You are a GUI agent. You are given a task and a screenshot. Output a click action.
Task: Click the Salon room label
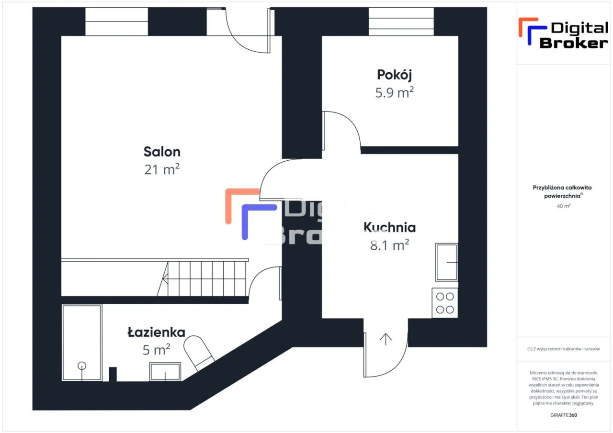click(162, 152)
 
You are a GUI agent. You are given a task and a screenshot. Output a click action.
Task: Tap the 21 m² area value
click(162, 169)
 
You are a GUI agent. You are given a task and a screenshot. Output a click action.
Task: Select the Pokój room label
click(394, 75)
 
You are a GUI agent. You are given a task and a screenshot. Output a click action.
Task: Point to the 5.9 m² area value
click(394, 92)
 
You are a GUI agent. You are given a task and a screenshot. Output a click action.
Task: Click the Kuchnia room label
click(389, 227)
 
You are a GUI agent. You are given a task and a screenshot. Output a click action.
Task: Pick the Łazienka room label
click(156, 332)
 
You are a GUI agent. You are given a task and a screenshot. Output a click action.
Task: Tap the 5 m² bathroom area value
click(156, 350)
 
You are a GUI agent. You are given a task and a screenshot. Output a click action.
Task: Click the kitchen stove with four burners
click(444, 303)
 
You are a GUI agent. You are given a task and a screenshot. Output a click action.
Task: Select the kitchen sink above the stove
click(446, 262)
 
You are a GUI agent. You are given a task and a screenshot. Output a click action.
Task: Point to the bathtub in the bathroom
click(82, 343)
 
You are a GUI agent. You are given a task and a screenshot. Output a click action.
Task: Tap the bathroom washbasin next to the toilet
click(165, 371)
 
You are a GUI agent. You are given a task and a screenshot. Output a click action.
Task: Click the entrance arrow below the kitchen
click(386, 338)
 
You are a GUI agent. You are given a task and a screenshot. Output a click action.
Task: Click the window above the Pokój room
click(401, 21)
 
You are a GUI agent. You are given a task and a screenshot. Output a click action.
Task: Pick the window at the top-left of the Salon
click(117, 21)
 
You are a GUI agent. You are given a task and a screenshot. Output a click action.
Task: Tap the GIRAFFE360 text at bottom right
click(564, 415)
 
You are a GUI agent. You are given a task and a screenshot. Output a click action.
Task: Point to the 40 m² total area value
click(564, 206)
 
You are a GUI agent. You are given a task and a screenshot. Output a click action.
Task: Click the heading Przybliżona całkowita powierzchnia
click(559, 192)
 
